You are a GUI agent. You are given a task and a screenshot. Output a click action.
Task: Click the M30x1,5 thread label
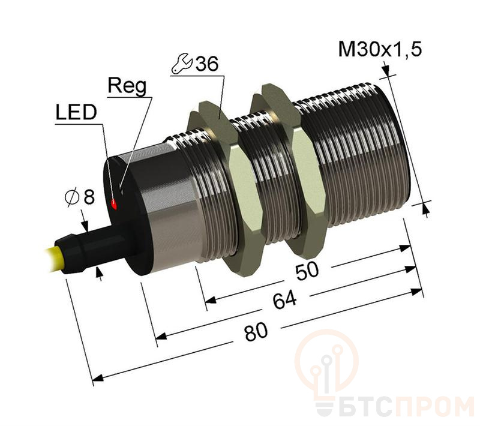pyautogui.click(x=380, y=49)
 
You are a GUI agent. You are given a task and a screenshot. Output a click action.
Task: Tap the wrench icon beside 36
pyautogui.click(x=182, y=64)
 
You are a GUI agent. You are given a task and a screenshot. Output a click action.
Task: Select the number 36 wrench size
pyautogui.click(x=207, y=64)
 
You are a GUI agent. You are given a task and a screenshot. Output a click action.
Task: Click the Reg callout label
pyautogui.click(x=127, y=86)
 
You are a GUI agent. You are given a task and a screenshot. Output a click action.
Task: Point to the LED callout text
pyautogui.click(x=76, y=112)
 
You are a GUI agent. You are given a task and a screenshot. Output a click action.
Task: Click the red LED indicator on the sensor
pyautogui.click(x=113, y=204)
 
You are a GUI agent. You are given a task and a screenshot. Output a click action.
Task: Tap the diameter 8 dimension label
pyautogui.click(x=80, y=197)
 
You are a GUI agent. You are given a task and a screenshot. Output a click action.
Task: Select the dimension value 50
pyautogui.click(x=307, y=271)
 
